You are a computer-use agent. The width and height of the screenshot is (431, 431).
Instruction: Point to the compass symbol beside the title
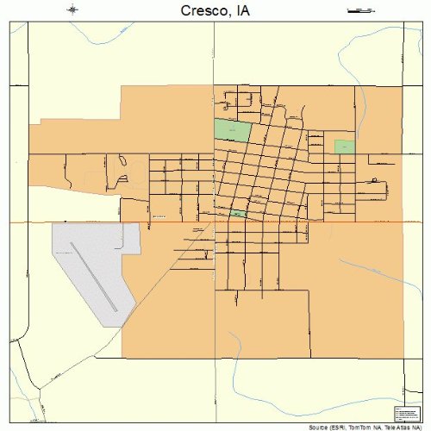click(x=73, y=10)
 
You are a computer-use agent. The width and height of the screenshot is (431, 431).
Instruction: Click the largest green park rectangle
click(x=233, y=130)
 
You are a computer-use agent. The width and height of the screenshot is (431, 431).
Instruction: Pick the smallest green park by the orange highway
click(x=237, y=213)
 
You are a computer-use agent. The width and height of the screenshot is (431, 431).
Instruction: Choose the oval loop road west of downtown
click(x=121, y=159)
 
